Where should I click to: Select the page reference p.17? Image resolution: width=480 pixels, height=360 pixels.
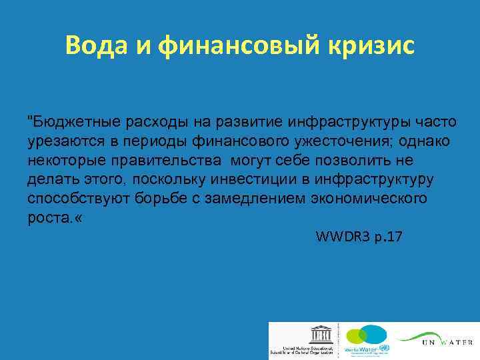387,237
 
